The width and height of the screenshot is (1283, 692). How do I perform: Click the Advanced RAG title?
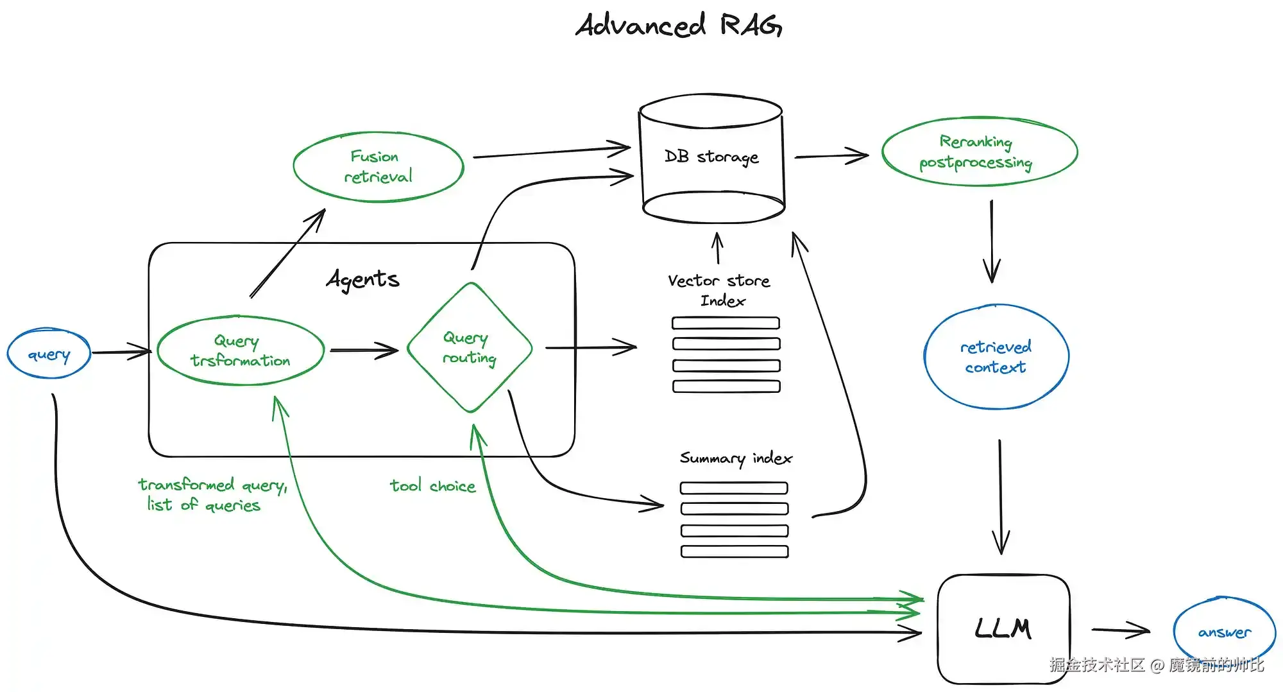tap(678, 26)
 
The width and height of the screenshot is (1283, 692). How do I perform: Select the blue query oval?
tap(49, 354)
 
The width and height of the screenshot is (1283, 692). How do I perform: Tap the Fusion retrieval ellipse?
tap(378, 167)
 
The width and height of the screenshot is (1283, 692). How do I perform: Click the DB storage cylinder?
tap(711, 157)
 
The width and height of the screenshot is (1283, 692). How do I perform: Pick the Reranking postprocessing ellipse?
tap(979, 152)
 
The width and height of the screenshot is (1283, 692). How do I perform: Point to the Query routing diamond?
tap(470, 348)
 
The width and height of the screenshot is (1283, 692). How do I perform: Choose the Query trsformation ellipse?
tap(241, 350)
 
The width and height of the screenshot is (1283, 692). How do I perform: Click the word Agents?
tap(362, 279)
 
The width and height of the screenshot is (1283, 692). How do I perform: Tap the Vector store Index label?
tap(719, 290)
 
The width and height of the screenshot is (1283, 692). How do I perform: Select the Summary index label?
tap(736, 458)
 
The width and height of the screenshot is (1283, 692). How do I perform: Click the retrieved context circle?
tap(996, 357)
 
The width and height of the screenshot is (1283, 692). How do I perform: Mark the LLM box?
tap(1003, 628)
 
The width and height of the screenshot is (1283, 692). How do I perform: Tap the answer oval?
tap(1224, 632)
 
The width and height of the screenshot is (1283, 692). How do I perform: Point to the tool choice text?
tap(433, 486)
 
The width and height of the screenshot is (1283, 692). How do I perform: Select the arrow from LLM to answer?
tap(1120, 630)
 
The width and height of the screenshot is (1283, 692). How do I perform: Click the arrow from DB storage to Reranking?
tap(831, 156)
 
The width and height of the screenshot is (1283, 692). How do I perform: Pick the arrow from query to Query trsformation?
tap(121, 352)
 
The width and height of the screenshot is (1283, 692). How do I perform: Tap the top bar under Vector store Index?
tap(726, 323)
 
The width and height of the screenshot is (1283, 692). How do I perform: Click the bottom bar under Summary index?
tap(735, 551)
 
